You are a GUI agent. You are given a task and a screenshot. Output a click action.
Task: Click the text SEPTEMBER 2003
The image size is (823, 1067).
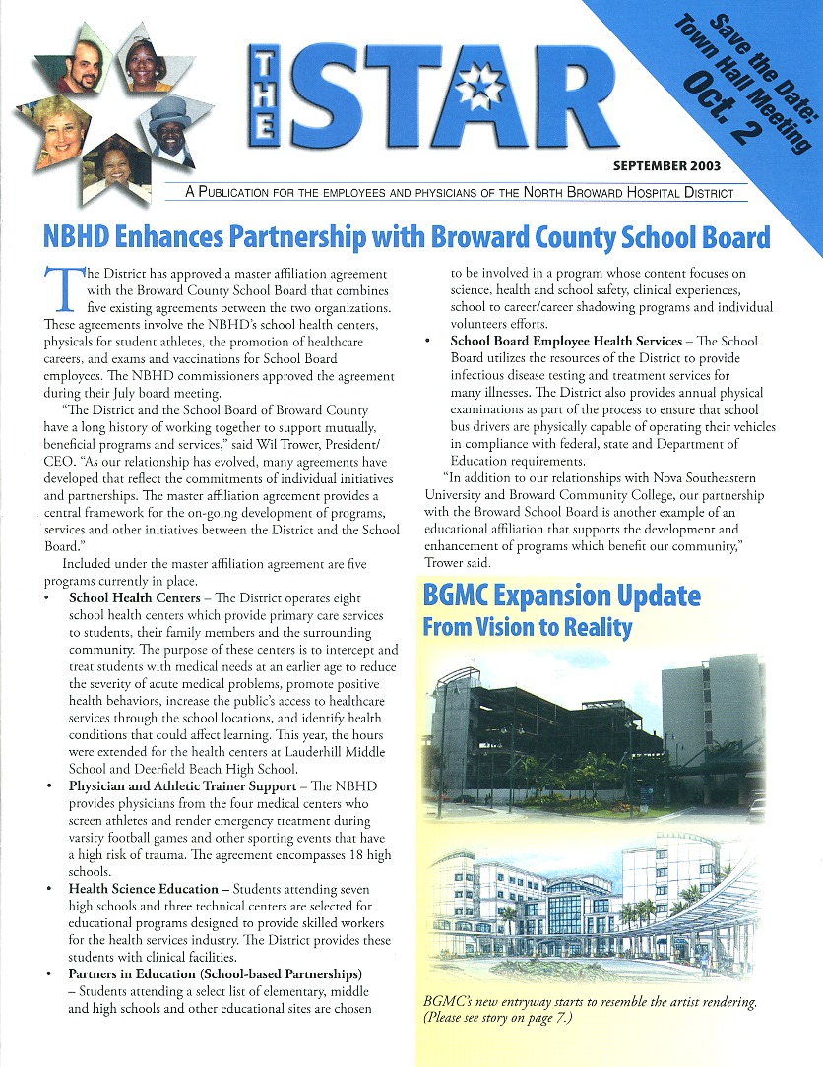coord(666,165)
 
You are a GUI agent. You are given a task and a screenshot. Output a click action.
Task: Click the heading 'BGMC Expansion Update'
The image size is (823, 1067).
coord(561,596)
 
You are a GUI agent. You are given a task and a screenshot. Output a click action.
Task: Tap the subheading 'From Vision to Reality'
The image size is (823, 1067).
coord(527,627)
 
